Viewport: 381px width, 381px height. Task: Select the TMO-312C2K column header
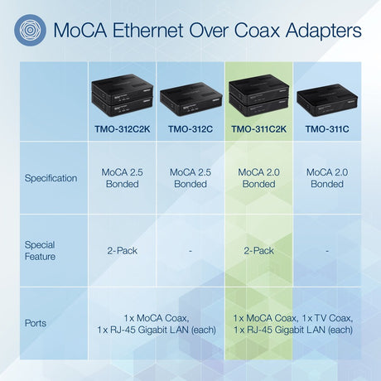coord(122,129)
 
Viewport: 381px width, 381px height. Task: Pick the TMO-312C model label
coord(190,129)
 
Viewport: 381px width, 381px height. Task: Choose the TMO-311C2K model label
coord(258,129)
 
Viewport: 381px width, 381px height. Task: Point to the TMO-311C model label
coord(327,129)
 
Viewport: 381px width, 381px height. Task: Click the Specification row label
coord(51,178)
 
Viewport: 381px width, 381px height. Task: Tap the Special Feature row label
coord(40,251)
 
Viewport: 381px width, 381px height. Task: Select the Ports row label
coord(36,323)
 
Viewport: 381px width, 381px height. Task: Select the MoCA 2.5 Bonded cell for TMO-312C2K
coord(122,178)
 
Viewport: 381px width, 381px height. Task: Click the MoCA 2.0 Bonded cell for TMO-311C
coord(327,178)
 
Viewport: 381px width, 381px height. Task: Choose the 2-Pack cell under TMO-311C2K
coord(258,250)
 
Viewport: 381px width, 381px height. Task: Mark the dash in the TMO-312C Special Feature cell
coord(190,250)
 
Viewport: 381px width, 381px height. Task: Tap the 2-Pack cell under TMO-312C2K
coord(122,250)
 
